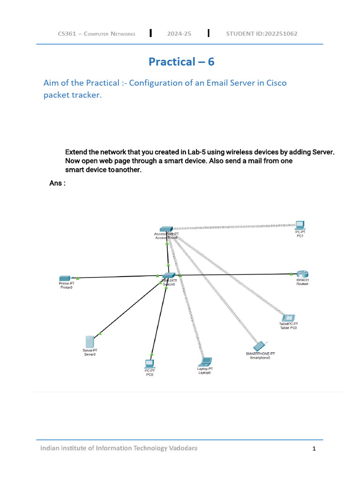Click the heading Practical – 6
tap(181, 61)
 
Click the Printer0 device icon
tap(65, 278)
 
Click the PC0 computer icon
tap(149, 363)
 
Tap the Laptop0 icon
tap(205, 361)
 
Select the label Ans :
tap(57, 183)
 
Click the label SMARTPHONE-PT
tap(260, 353)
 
